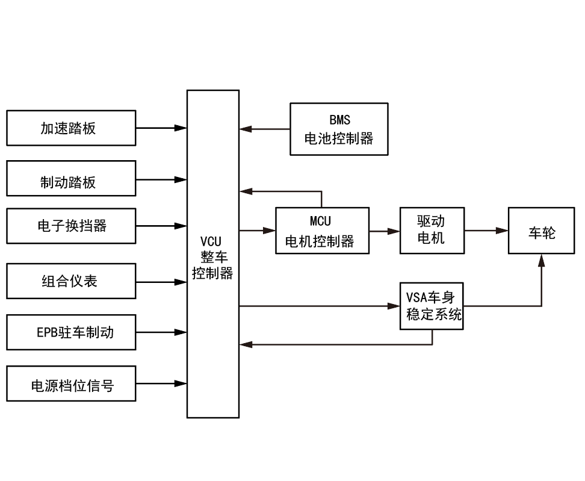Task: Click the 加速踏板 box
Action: [x=71, y=128]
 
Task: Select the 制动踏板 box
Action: [x=71, y=179]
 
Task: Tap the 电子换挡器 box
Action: [x=71, y=226]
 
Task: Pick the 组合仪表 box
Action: [x=71, y=281]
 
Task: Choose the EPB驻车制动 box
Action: [x=71, y=332]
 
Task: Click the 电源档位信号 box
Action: [x=71, y=383]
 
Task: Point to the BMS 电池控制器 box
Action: [x=339, y=129]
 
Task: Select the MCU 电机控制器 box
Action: [x=322, y=230]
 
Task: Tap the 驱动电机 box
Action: [x=431, y=230]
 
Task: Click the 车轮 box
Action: [x=541, y=230]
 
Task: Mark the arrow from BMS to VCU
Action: [x=265, y=129]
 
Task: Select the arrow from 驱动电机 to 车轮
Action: [x=486, y=231]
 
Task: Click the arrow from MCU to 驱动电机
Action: [x=385, y=231]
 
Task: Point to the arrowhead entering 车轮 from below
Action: [x=541, y=259]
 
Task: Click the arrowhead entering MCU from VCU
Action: [x=269, y=231]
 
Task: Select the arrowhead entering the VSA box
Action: [x=394, y=306]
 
